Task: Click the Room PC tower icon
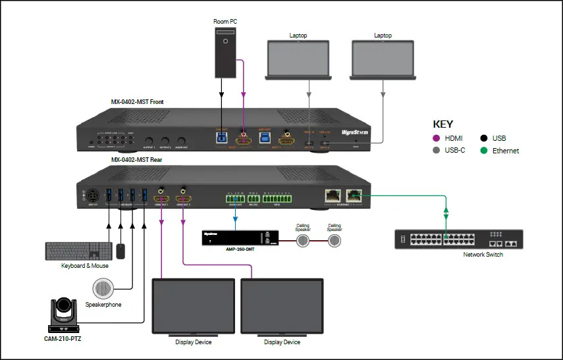point(225,53)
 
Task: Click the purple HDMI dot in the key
point(437,138)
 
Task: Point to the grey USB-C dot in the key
point(437,151)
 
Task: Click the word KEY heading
point(443,124)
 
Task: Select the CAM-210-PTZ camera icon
point(65,315)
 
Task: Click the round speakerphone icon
point(103,288)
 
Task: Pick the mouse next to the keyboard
point(120,251)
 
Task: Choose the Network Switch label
point(483,254)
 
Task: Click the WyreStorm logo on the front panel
point(355,132)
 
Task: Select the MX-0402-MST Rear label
point(137,159)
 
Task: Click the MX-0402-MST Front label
point(137,102)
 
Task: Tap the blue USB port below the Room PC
point(221,138)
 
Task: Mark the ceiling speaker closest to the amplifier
point(302,240)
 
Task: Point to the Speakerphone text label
point(103,305)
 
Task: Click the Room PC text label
point(225,22)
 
